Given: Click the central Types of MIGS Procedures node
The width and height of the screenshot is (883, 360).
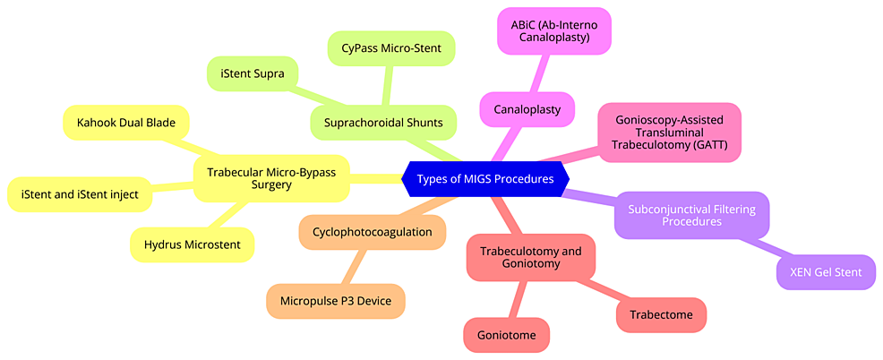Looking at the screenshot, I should tap(484, 179).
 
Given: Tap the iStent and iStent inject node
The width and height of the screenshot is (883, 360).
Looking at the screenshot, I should tap(80, 194).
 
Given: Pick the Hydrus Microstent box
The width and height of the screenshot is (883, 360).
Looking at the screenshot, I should tap(192, 244).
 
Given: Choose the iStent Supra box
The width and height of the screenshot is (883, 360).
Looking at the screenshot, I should tap(253, 74).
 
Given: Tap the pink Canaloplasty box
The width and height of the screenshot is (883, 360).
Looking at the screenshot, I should tap(527, 109).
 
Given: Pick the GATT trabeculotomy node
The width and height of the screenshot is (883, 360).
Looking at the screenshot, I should tap(670, 133).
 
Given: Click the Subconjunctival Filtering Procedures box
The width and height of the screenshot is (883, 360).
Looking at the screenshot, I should tap(692, 214).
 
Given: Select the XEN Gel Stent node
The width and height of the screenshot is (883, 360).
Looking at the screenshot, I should tap(826, 272).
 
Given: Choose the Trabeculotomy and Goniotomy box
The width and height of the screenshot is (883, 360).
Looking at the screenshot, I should tap(531, 258).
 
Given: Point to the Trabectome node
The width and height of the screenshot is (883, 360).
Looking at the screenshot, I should tap(661, 315).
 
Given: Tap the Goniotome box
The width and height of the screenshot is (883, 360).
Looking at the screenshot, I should tap(506, 335).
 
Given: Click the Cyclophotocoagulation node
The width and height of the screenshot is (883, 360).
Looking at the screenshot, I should tap(372, 232).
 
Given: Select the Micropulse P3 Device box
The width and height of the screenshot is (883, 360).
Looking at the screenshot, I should tap(336, 301).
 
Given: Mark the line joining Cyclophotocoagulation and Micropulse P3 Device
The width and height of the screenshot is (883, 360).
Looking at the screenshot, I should tap(354, 267).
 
